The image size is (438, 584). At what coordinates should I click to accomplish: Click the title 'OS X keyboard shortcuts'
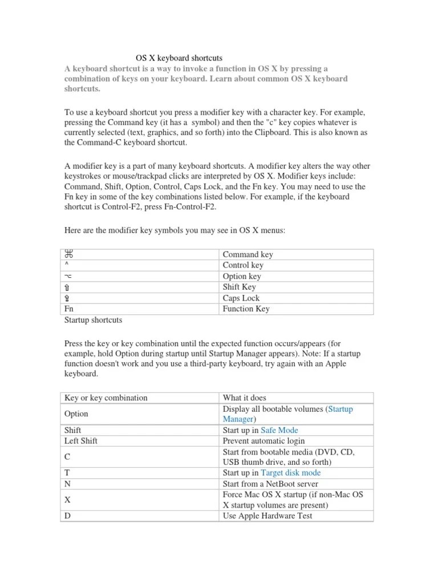click(x=179, y=58)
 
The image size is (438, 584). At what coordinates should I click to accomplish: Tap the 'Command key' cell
click(x=248, y=254)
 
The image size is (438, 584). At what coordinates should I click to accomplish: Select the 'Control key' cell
click(x=243, y=265)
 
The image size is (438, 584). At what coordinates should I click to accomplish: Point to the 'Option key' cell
click(x=242, y=276)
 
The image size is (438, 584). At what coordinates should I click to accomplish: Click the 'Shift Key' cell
click(x=240, y=287)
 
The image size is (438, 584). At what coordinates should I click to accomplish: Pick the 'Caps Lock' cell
click(x=241, y=298)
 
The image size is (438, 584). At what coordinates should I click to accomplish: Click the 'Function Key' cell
click(x=246, y=309)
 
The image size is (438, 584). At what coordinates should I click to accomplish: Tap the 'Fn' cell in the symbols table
click(x=70, y=309)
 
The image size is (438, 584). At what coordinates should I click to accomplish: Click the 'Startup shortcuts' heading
click(x=93, y=320)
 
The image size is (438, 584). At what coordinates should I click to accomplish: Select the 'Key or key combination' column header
click(x=106, y=398)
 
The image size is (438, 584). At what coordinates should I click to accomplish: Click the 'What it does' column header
click(x=244, y=398)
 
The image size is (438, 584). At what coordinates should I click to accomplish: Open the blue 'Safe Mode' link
click(x=279, y=430)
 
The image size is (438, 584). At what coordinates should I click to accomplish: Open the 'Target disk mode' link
click(x=290, y=473)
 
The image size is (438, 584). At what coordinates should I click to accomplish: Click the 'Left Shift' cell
click(x=82, y=441)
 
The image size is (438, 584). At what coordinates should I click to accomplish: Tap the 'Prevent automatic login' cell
click(x=263, y=441)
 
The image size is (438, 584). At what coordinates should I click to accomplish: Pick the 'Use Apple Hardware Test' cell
click(x=267, y=516)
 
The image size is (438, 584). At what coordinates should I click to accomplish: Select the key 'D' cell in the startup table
click(x=68, y=516)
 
